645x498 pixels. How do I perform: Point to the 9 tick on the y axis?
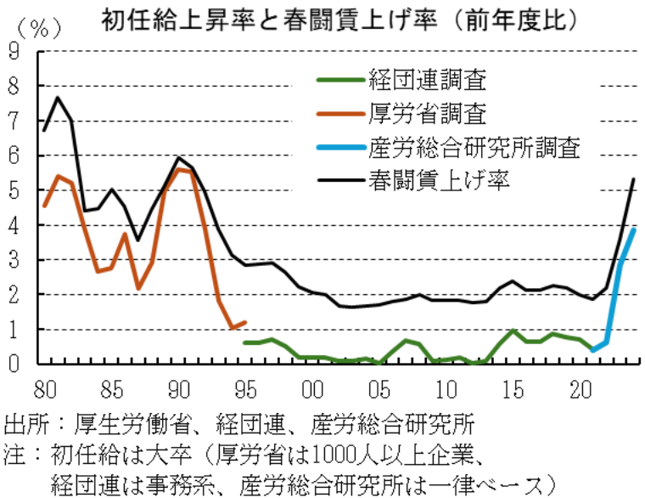14,51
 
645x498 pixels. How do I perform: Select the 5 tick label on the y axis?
14,190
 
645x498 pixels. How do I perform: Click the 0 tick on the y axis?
14,364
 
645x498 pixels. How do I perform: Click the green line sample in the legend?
339,82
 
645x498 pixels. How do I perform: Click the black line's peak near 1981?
58,97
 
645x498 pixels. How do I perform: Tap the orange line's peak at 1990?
178,168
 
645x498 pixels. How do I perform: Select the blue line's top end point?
634,230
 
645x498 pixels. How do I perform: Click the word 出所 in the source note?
22,422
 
